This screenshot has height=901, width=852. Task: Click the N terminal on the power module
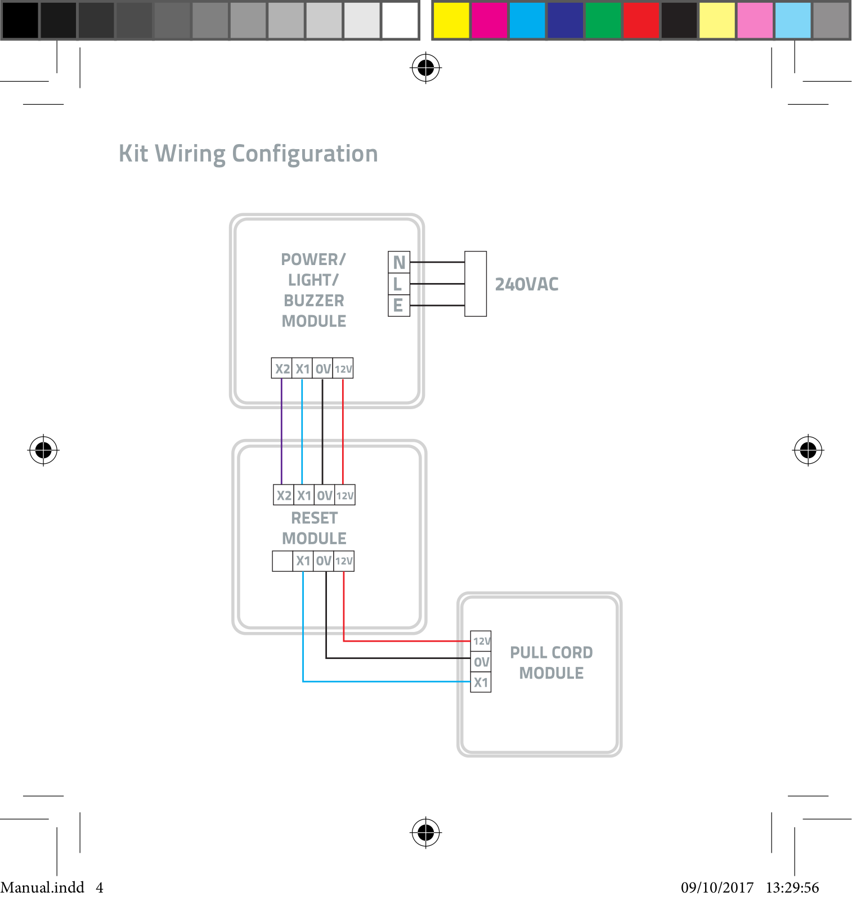tap(399, 262)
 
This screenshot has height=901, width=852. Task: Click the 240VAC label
tap(526, 284)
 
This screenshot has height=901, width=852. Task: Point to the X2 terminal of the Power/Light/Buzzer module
tap(282, 369)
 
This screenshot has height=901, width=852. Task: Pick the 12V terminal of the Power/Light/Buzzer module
tap(343, 369)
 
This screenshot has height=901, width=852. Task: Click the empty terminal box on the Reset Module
tap(282, 561)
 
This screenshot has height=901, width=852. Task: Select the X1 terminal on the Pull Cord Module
tap(481, 683)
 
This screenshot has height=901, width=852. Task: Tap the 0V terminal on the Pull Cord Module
tap(481, 662)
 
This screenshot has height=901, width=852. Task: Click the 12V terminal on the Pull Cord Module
tap(481, 641)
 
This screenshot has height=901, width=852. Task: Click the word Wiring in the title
tap(190, 154)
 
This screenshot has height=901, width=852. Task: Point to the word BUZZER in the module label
tap(313, 301)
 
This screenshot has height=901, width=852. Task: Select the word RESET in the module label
tap(314, 518)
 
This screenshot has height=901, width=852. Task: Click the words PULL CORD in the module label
tap(551, 652)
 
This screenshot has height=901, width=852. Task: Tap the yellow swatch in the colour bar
tap(451, 20)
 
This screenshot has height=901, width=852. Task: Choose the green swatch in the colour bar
tap(603, 20)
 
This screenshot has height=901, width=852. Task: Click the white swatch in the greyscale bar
tap(400, 20)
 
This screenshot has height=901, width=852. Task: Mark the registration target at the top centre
tap(426, 68)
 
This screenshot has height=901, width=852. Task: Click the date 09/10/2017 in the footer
tap(717, 887)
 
